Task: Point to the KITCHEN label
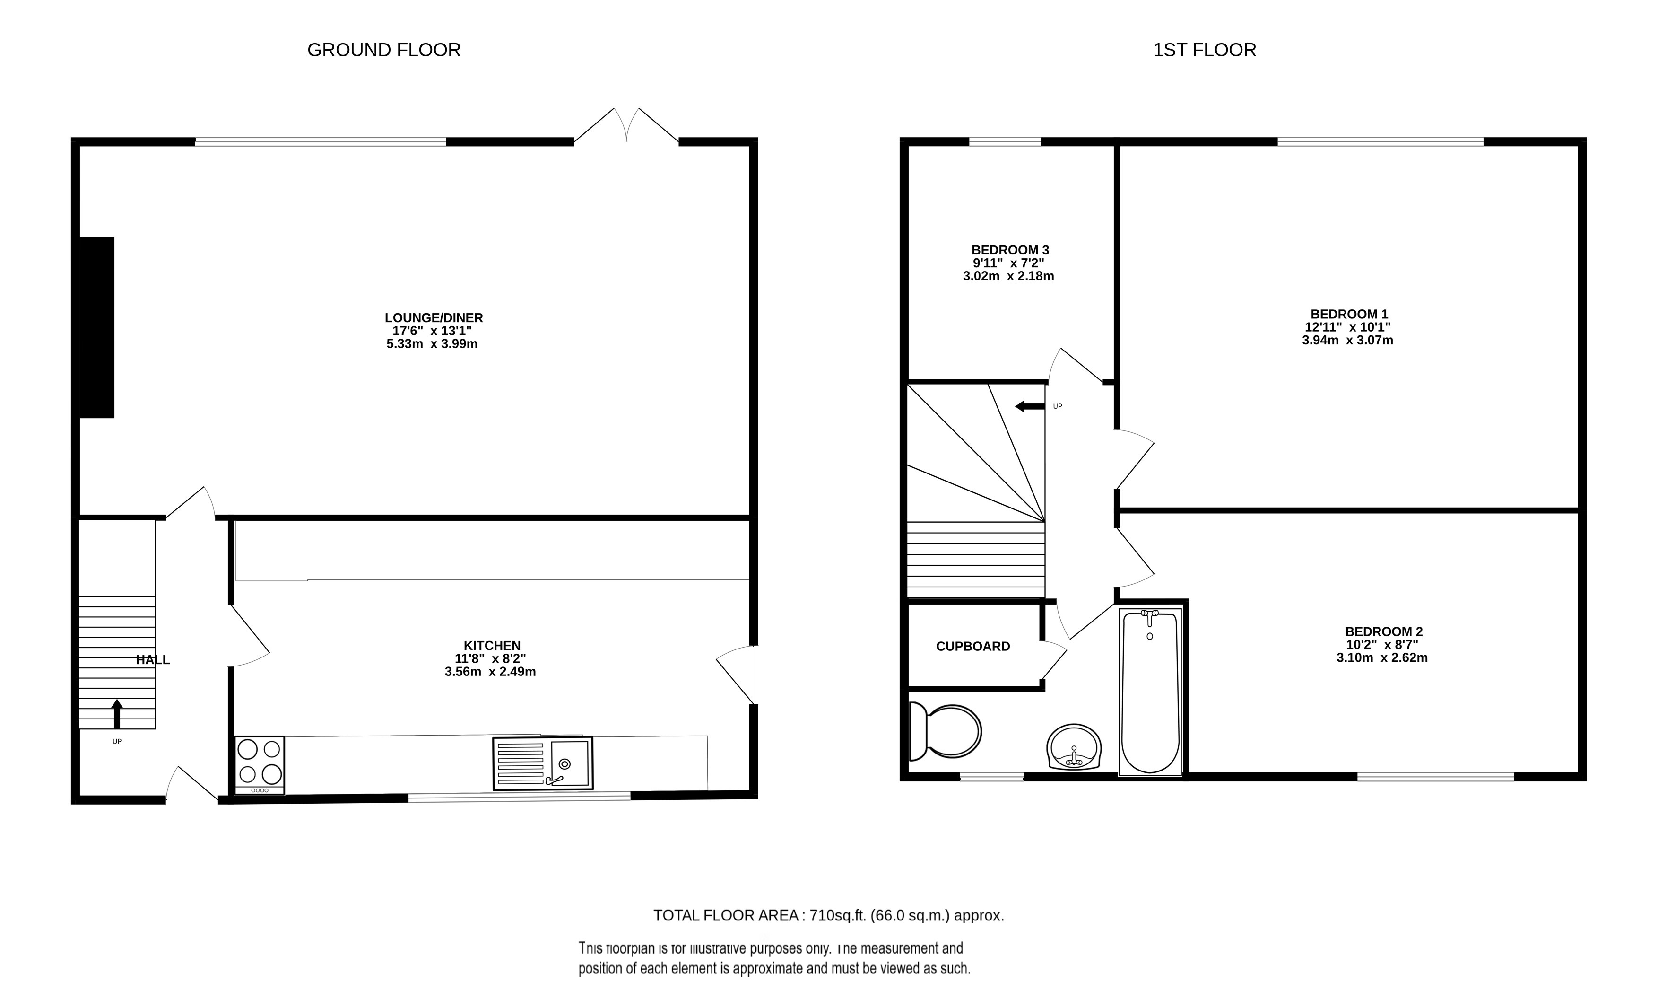(x=492, y=646)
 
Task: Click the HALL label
(x=153, y=660)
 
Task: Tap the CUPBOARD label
(x=973, y=647)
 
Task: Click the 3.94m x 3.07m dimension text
(x=1347, y=341)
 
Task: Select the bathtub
(x=1150, y=692)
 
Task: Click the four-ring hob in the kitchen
(x=260, y=765)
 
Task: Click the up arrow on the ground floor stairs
(x=117, y=714)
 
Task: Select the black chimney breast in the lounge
(x=97, y=327)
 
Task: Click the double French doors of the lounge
(x=626, y=126)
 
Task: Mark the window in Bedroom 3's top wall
(x=1005, y=141)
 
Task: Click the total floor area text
(x=828, y=916)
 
